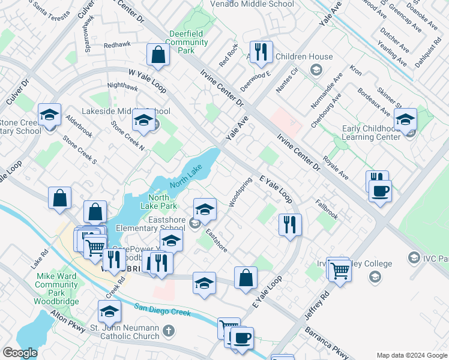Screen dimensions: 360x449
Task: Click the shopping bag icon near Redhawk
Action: [158, 56]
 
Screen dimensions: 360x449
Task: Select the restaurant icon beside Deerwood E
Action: [261, 53]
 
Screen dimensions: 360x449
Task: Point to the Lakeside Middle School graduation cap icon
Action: [143, 122]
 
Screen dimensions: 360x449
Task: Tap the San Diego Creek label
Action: [162, 311]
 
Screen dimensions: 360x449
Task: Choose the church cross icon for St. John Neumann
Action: [169, 330]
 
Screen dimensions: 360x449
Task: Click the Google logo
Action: [20, 352]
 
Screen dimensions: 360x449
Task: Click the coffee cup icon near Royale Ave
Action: [379, 192]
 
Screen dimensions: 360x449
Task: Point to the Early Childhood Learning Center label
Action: [371, 133]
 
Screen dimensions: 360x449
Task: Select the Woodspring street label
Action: [240, 192]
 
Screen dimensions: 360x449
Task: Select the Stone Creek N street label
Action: [127, 135]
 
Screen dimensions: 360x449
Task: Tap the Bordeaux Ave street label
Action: [360, 100]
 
